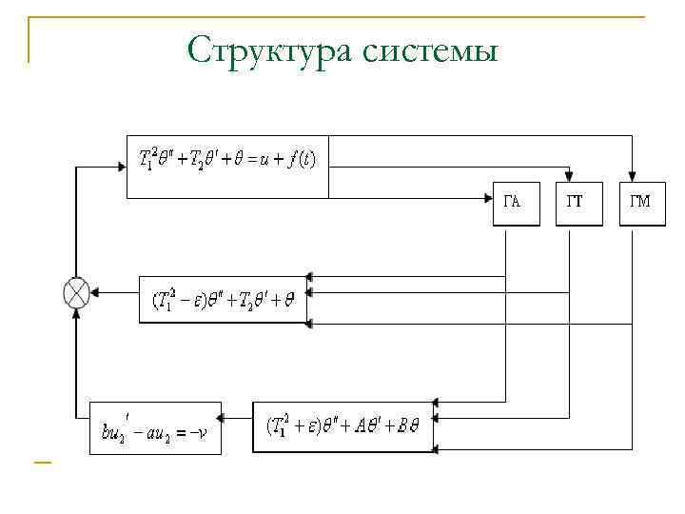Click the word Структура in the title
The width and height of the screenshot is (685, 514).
270,49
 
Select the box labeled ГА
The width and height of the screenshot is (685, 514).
515,203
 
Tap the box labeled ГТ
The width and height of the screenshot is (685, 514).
578,203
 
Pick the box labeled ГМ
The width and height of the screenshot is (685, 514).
642,203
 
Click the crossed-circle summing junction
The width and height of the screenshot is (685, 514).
76,292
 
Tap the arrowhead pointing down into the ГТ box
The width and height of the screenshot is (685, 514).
570,174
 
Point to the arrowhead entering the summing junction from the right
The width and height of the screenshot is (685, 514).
95,293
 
